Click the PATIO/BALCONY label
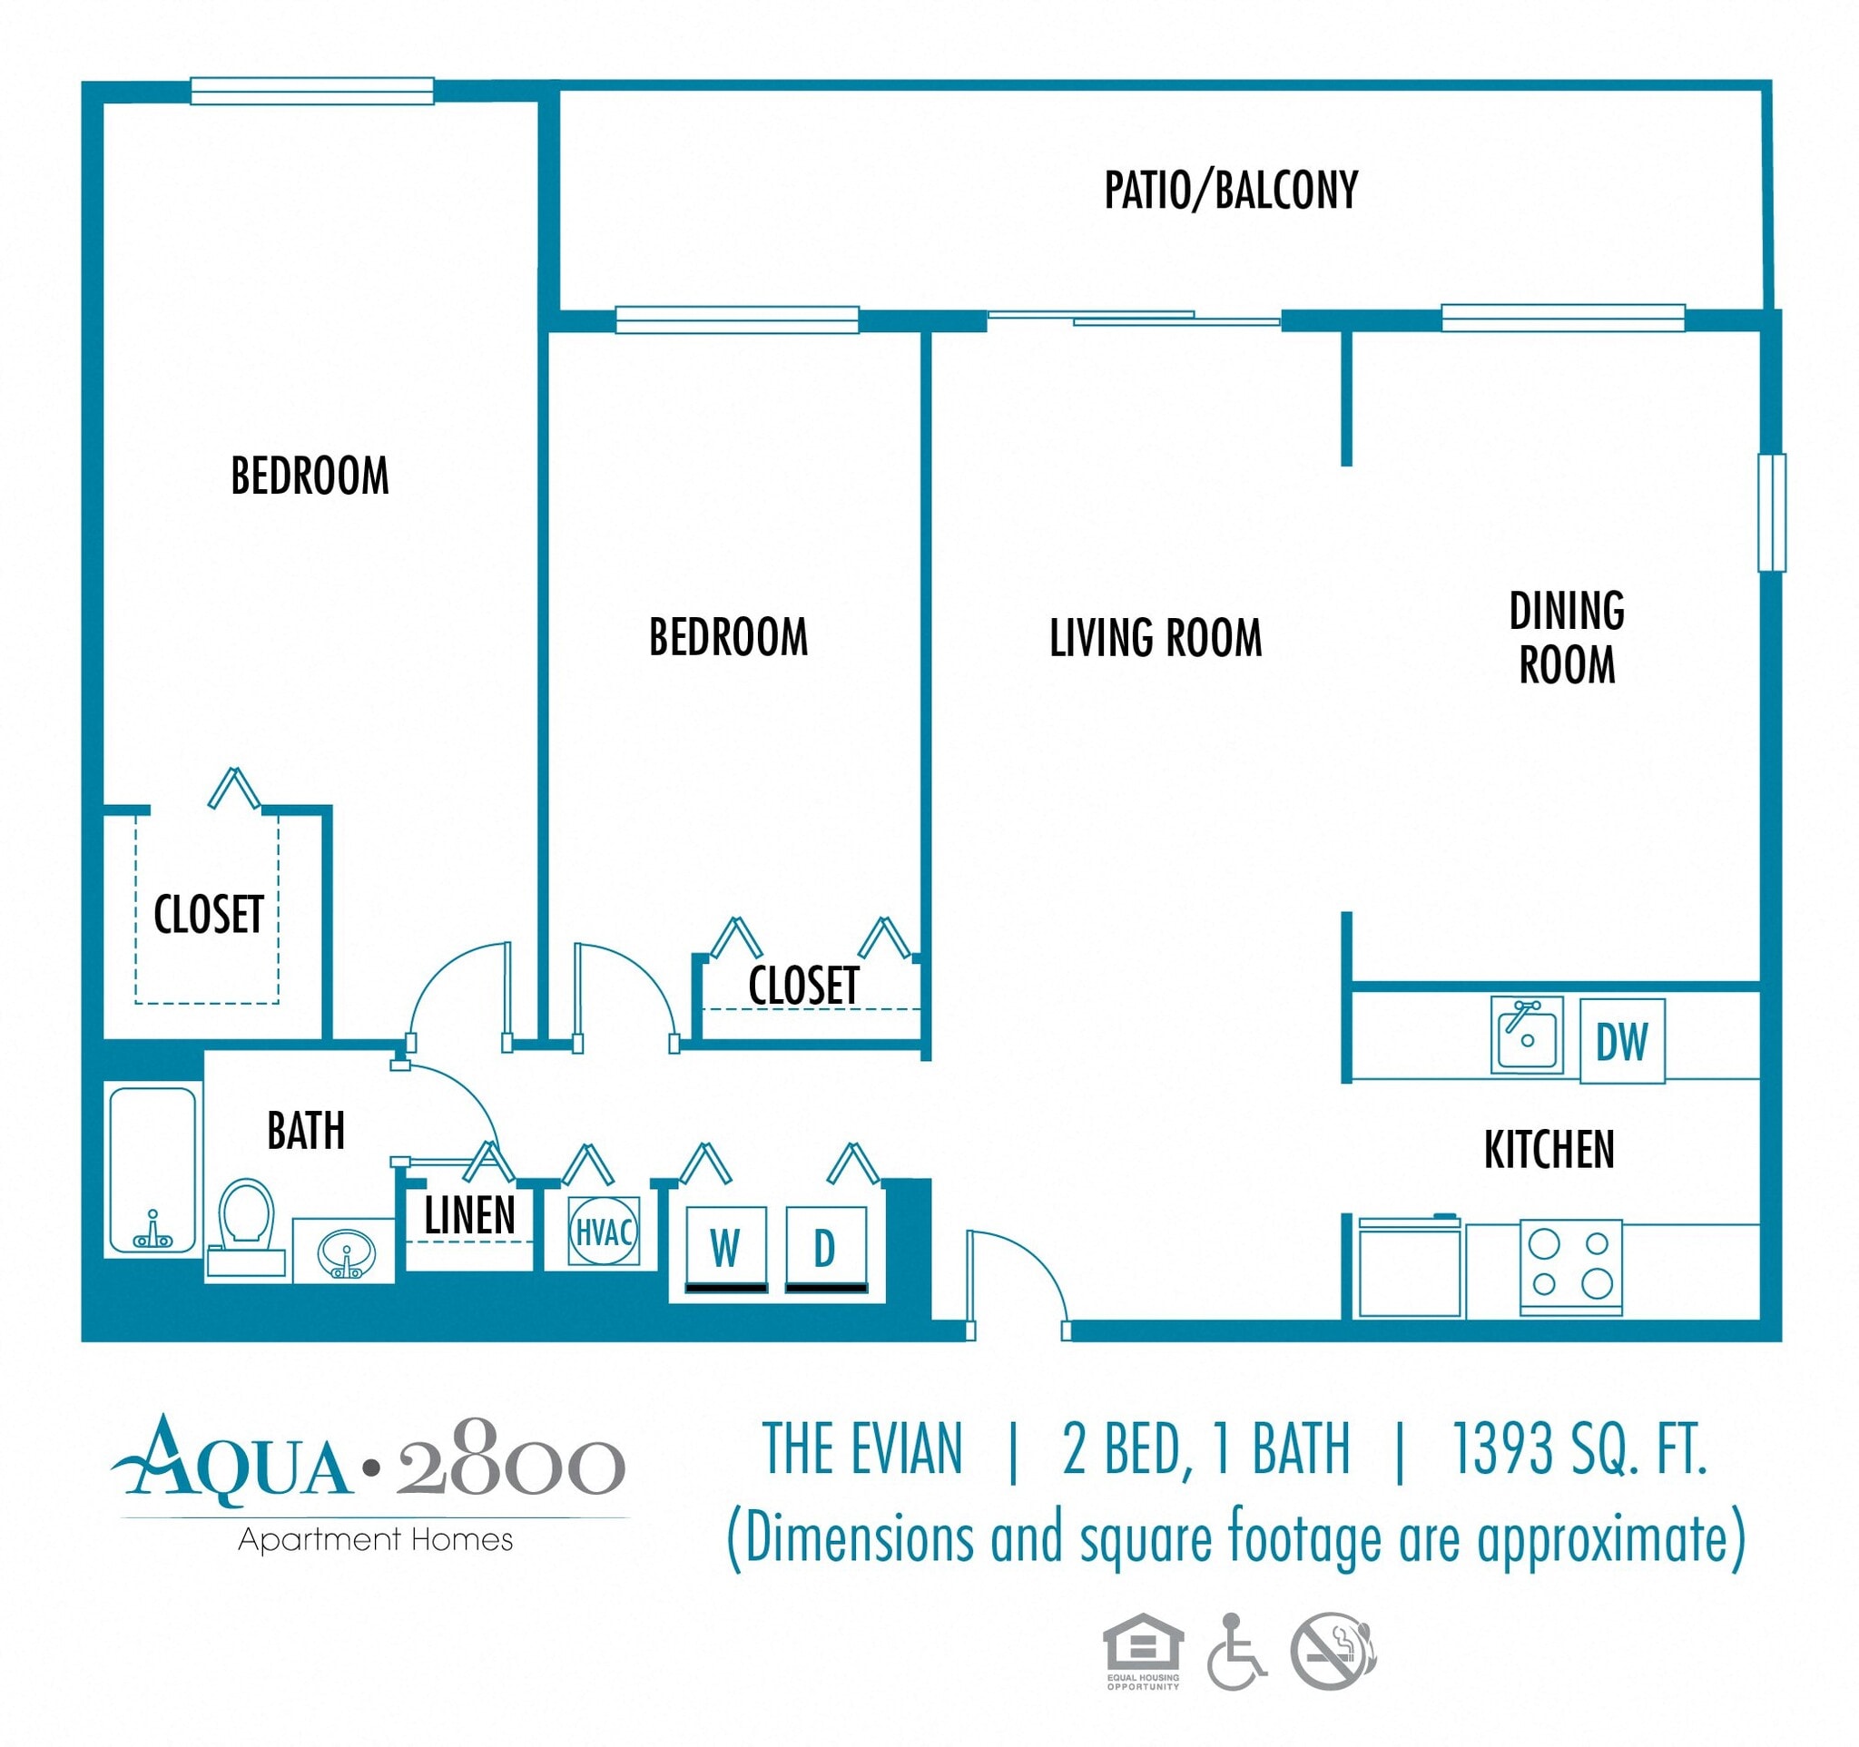coord(1231,190)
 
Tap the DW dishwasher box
coord(1621,1041)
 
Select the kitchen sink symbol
coord(1526,1035)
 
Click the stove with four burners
coord(1570,1266)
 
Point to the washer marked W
coord(725,1248)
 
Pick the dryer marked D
coord(825,1248)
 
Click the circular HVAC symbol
coord(603,1231)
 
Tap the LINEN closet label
coord(469,1215)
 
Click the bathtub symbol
coord(152,1169)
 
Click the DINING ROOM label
coord(1567,637)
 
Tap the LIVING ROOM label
coord(1155,638)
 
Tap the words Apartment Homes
coord(375,1539)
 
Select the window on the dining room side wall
coord(1771,512)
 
